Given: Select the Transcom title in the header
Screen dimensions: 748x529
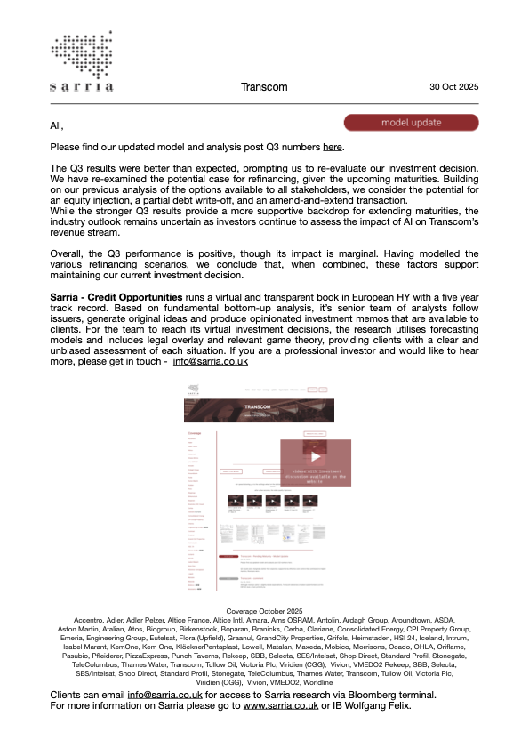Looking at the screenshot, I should click(263, 87).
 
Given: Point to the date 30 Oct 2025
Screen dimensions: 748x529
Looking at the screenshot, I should click(453, 87).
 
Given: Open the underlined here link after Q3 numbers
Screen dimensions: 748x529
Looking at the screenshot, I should click(332, 147).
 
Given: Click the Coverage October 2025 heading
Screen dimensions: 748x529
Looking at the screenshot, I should click(264, 611).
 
